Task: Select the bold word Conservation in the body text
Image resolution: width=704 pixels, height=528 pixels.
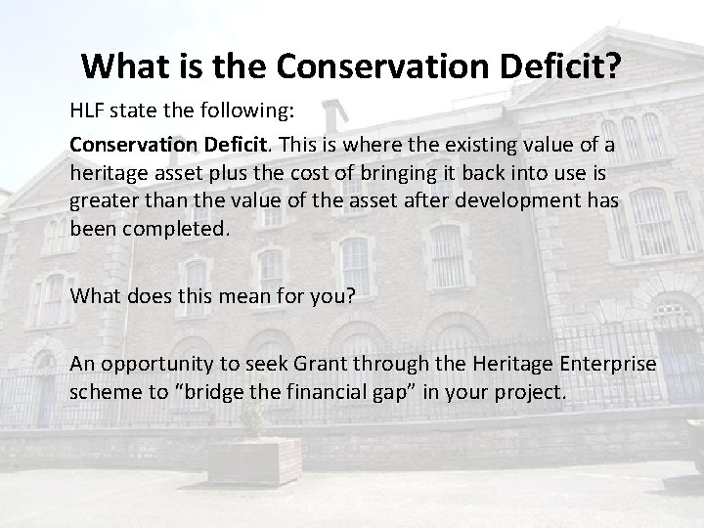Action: (126, 145)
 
